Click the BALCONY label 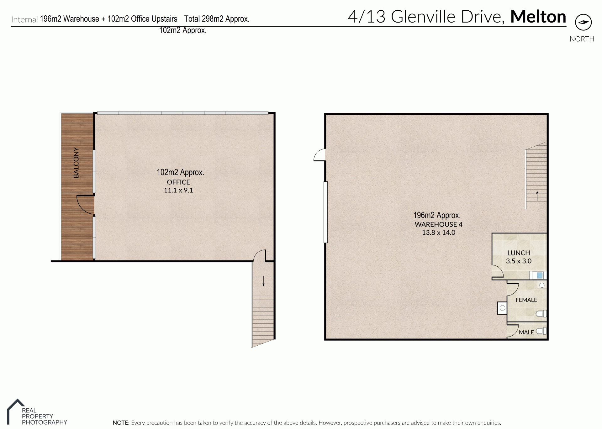click(x=76, y=163)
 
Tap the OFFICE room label click(x=178, y=182)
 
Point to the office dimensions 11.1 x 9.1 click(x=178, y=190)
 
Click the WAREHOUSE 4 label click(x=438, y=224)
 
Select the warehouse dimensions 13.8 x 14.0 click(x=438, y=233)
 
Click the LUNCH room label click(x=519, y=253)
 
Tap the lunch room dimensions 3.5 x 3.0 click(x=519, y=261)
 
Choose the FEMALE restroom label click(x=526, y=300)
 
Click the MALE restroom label click(x=526, y=332)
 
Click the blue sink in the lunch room click(x=540, y=275)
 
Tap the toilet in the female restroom click(x=541, y=313)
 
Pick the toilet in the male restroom click(x=541, y=331)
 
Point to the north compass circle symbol click(x=583, y=22)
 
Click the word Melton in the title click(x=538, y=17)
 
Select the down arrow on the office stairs click(x=263, y=281)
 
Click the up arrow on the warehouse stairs click(x=537, y=196)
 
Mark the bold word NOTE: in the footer click(x=121, y=423)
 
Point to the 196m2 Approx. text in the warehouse click(x=437, y=215)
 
